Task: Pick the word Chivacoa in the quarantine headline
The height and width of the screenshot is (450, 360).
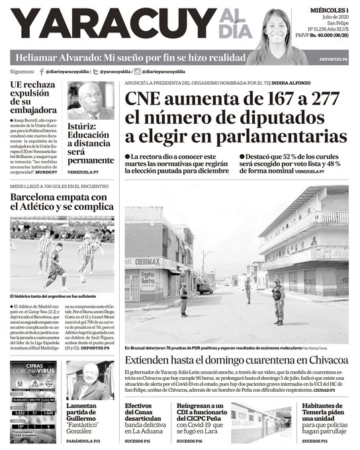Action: pyautogui.click(x=317, y=359)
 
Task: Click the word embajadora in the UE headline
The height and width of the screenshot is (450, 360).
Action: pyautogui.click(x=34, y=109)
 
